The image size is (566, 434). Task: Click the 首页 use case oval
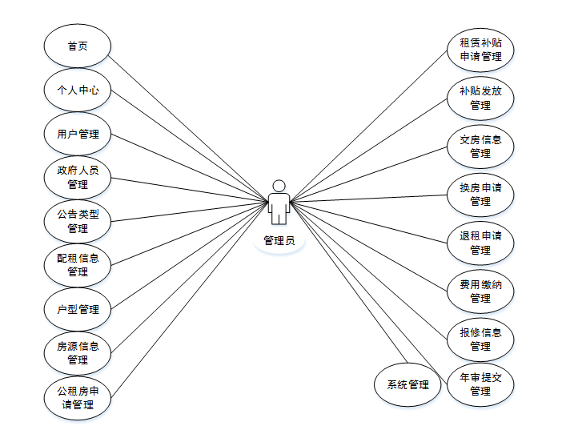[x=78, y=46]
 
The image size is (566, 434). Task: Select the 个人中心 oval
[x=78, y=90]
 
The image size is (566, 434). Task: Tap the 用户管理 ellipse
[x=78, y=134]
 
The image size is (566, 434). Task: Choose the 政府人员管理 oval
[x=78, y=177]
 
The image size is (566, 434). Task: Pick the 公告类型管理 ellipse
[x=78, y=221]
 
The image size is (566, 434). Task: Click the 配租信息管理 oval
[x=78, y=265]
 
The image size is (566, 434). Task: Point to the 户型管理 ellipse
[x=78, y=309]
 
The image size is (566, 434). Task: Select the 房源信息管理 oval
[x=78, y=353]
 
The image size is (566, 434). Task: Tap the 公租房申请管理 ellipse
[x=78, y=397]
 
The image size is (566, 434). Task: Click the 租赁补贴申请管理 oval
[x=480, y=50]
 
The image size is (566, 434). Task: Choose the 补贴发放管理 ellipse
[x=480, y=98]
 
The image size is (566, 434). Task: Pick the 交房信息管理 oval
[x=480, y=146]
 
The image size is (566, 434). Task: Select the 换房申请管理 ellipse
[x=480, y=194]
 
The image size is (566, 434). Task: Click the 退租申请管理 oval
[x=480, y=242]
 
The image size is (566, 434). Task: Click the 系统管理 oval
[x=407, y=384]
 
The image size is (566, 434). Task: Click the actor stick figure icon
[x=279, y=203]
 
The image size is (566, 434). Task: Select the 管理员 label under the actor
[x=279, y=240]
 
